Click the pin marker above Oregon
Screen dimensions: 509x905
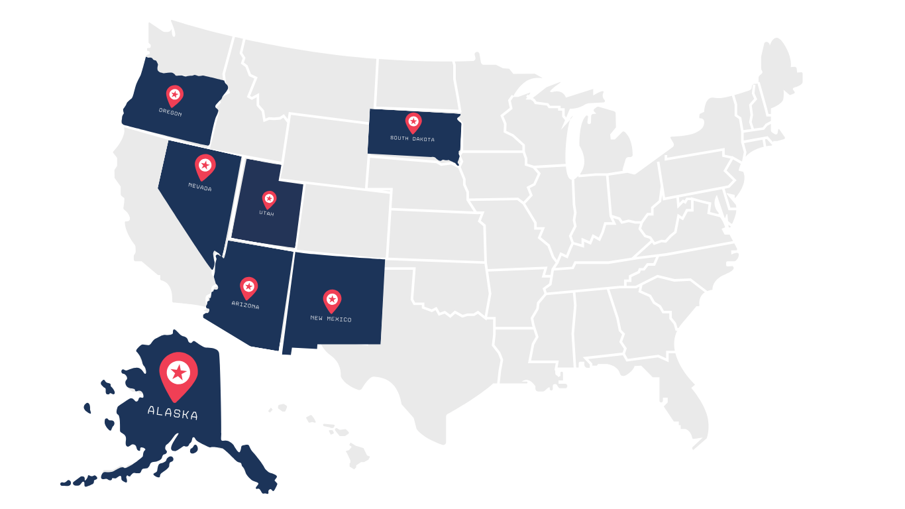point(174,95)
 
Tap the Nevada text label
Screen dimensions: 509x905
point(200,188)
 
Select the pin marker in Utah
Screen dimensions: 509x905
point(269,199)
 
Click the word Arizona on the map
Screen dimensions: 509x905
point(245,306)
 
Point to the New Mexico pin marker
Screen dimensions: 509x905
point(332,300)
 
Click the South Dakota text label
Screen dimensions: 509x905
point(413,139)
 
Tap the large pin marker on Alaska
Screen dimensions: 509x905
point(178,374)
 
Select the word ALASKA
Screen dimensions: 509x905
point(172,414)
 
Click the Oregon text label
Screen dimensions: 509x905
point(170,113)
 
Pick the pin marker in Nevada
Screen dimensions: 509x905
point(205,166)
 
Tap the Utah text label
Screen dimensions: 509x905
point(266,213)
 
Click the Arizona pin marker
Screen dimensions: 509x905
point(248,287)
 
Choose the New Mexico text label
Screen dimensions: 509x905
point(331,319)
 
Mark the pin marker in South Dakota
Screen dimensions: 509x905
point(413,122)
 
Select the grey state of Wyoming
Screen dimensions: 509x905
point(325,149)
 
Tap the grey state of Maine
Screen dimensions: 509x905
point(782,73)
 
